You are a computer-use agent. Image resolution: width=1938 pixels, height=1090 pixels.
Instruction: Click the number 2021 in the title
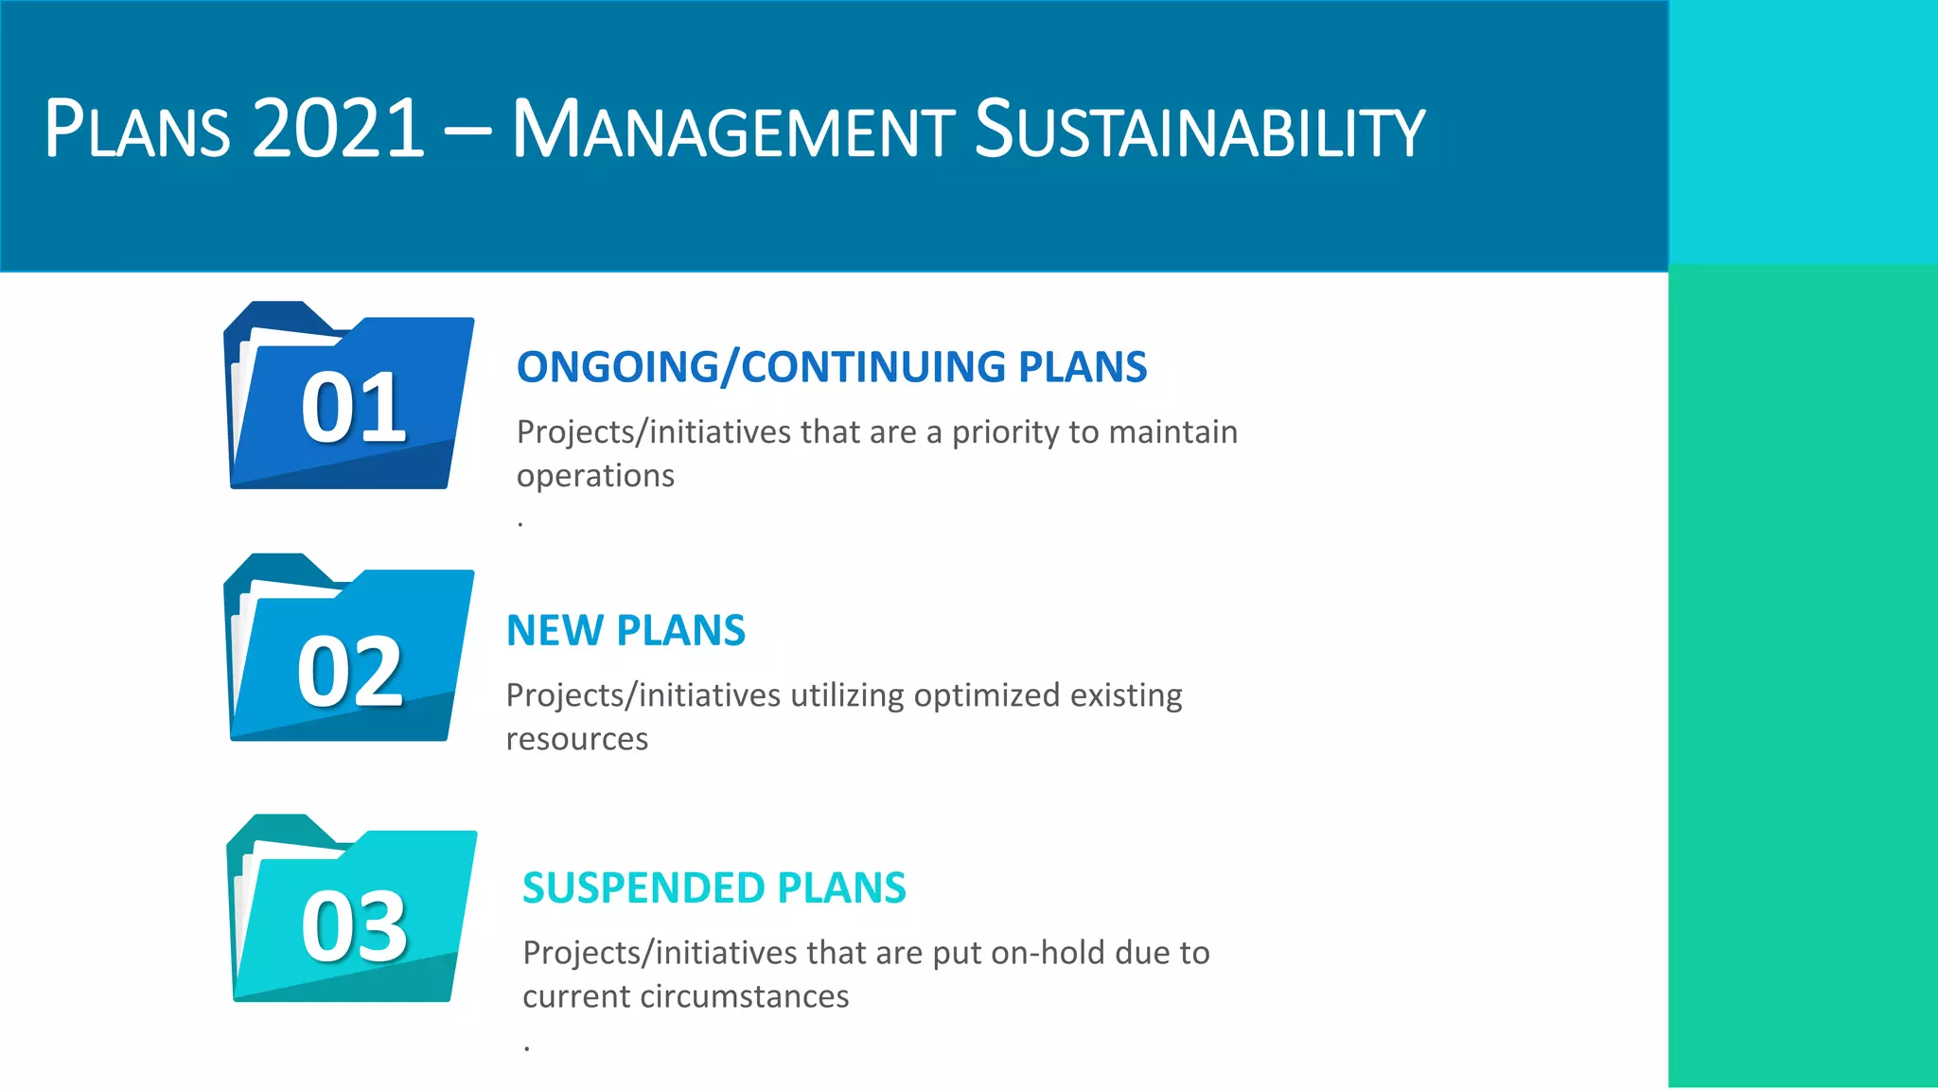(x=338, y=129)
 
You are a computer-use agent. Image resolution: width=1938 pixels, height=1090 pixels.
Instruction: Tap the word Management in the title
(x=733, y=129)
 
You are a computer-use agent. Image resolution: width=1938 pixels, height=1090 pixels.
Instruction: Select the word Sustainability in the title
(x=1199, y=129)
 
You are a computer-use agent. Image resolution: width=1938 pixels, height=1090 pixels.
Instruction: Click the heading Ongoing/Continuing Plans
(x=831, y=367)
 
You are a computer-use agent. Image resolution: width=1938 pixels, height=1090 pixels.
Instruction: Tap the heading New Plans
(x=625, y=631)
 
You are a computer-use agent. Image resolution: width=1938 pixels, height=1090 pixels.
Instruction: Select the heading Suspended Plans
(x=714, y=888)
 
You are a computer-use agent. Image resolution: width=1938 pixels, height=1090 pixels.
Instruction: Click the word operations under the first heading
(x=595, y=476)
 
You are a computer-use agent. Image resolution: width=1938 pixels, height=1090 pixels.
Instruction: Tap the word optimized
(x=986, y=695)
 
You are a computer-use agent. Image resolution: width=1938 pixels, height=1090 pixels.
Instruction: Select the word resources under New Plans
(x=576, y=739)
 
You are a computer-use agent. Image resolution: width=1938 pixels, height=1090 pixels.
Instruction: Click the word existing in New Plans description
(x=1125, y=695)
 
